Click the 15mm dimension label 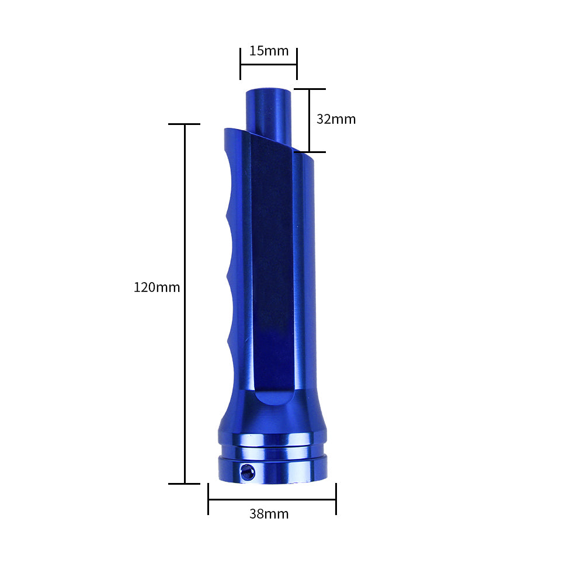click(x=269, y=51)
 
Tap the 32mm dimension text click(x=336, y=119)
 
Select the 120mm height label click(x=157, y=287)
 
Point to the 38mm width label click(x=269, y=514)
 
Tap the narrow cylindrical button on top click(x=269, y=114)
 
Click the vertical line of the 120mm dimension click(x=185, y=304)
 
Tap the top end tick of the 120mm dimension click(x=185, y=124)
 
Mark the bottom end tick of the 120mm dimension click(x=185, y=484)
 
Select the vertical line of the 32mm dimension click(x=310, y=120)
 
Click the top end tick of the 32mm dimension click(x=310, y=89)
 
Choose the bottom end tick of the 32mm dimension click(x=310, y=152)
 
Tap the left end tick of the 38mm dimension click(x=208, y=499)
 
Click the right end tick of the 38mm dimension click(x=336, y=499)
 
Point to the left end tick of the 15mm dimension click(x=241, y=64)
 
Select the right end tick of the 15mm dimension click(x=297, y=64)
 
